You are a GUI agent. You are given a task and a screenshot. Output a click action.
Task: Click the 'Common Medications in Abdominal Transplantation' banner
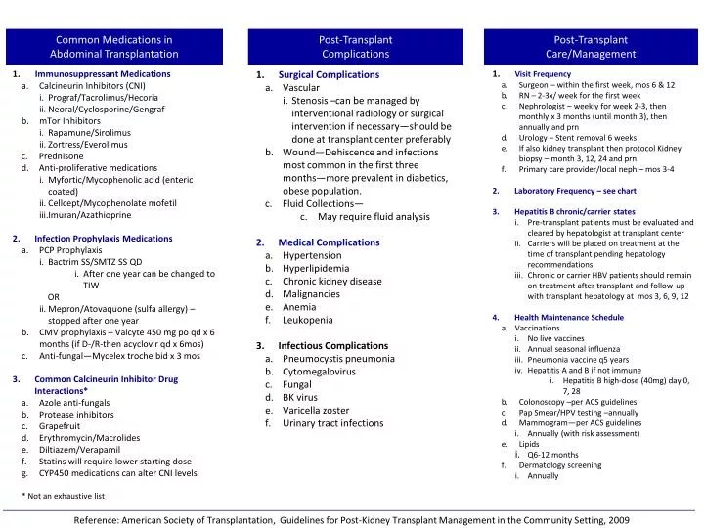[113, 47]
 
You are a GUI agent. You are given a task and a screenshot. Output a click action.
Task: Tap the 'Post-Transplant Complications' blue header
[355, 47]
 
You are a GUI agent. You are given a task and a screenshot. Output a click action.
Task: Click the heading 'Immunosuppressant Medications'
[102, 74]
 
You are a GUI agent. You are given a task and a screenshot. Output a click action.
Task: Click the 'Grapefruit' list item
[61, 426]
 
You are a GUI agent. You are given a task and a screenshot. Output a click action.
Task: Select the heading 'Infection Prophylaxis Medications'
[103, 239]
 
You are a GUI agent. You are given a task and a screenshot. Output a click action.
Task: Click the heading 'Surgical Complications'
[329, 75]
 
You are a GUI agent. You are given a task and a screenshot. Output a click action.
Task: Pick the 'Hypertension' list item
[312, 255]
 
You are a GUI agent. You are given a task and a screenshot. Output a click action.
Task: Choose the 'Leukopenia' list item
[310, 320]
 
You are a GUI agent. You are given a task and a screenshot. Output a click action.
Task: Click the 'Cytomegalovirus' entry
[319, 373]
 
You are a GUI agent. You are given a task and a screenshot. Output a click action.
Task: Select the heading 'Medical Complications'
[329, 242]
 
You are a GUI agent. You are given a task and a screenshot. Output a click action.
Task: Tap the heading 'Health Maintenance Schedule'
[568, 318]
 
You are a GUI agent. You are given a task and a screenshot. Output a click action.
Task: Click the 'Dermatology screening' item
[560, 465]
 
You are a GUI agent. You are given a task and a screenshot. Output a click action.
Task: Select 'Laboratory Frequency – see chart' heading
[575, 191]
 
